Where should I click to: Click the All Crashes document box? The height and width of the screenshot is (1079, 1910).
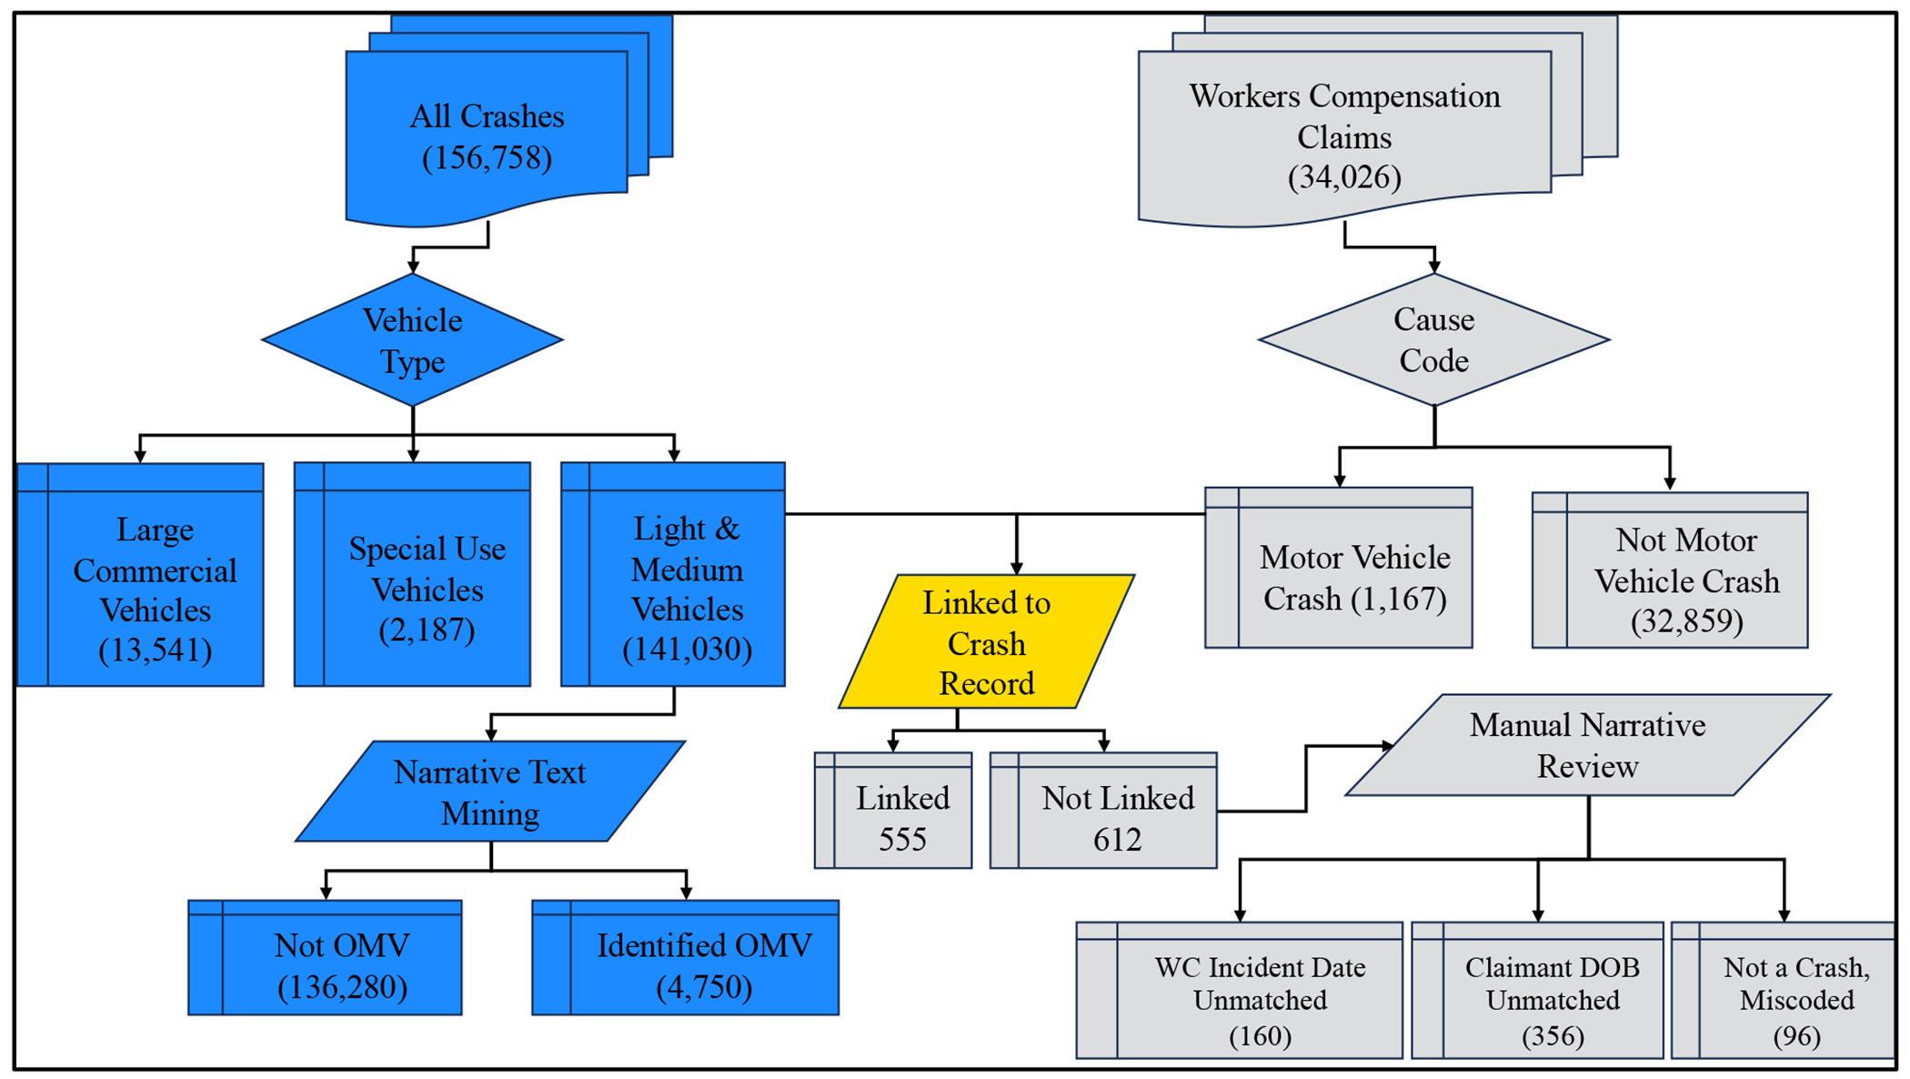point(487,136)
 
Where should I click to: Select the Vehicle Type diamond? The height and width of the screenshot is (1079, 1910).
point(413,340)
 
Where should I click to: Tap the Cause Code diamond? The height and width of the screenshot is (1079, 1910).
point(1433,340)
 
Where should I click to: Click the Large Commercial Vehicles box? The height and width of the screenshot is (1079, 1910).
point(155,589)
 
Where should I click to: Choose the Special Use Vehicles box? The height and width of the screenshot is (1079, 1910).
point(427,589)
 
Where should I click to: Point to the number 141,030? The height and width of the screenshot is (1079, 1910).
point(687,650)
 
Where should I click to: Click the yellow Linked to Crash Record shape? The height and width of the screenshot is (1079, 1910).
point(986,642)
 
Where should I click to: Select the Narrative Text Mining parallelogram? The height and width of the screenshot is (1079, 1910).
point(490,792)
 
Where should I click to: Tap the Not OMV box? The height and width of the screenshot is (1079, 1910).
point(342,965)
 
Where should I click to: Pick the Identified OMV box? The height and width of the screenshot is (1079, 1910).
point(703,965)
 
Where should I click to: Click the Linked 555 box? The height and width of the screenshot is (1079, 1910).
point(901,817)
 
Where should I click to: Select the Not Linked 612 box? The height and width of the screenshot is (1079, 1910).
point(1117,817)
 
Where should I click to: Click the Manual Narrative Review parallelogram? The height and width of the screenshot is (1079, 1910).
point(1587,745)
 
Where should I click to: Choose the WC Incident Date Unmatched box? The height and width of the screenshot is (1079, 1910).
point(1260,1000)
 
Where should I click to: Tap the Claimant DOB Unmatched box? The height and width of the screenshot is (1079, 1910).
point(1552,1000)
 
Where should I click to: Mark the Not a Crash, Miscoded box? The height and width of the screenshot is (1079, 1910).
point(1795,1000)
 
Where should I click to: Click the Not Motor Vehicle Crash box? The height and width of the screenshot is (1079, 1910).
point(1686,580)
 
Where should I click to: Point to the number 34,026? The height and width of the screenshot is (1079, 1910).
point(1344,177)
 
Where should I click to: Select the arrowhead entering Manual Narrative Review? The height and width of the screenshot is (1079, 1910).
point(1387,746)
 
